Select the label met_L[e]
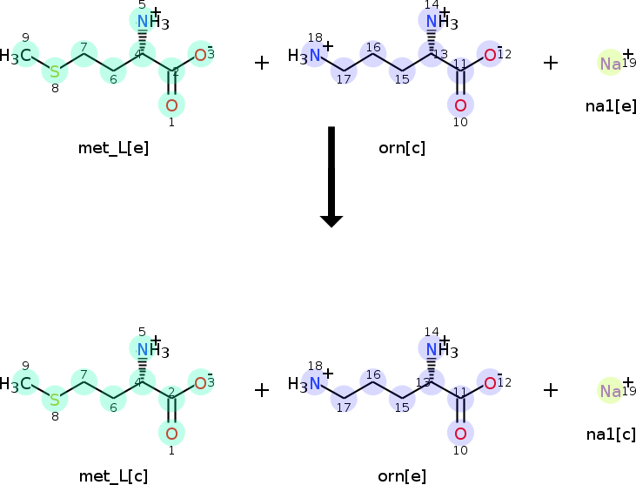click(113, 147)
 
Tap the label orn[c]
click(402, 147)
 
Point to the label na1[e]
click(611, 106)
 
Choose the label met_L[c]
click(113, 475)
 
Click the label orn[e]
click(402, 475)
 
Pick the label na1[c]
click(611, 434)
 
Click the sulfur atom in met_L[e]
click(55, 71)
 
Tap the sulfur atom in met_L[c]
click(55, 399)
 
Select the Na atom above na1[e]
click(611, 64)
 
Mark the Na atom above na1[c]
click(611, 392)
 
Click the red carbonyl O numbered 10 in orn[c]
click(460, 105)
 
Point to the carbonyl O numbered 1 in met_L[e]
click(171, 105)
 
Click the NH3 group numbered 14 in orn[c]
click(436, 21)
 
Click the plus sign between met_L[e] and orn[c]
click(261, 63)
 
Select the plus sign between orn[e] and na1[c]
click(550, 390)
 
